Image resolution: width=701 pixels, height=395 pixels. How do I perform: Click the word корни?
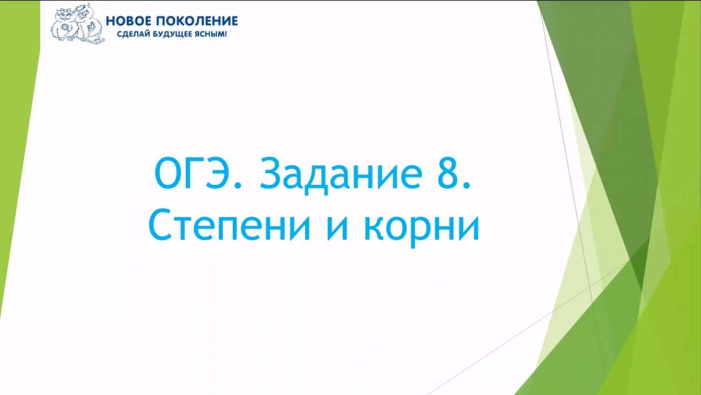point(422,226)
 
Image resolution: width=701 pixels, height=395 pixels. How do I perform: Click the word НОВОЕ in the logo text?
point(128,21)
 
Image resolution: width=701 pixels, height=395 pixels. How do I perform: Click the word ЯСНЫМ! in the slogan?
point(212,34)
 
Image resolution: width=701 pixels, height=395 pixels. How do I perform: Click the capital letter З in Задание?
point(270,173)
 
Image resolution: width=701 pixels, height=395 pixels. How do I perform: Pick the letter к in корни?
point(373,228)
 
